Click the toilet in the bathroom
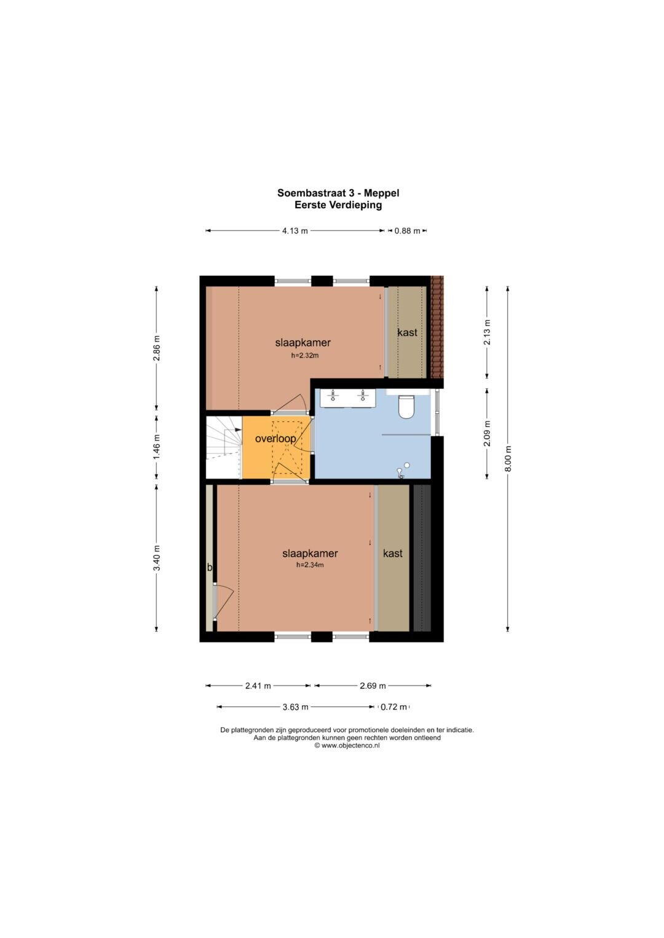pos(406,407)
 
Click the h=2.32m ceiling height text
pos(305,356)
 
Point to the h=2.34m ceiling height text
pos(310,565)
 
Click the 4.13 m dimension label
pos(295,231)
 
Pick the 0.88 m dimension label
pos(407,231)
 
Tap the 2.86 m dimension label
pos(156,348)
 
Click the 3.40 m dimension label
pos(156,557)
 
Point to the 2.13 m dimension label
pos(487,332)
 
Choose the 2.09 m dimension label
pos(487,434)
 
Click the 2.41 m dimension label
pos(258,686)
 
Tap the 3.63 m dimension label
pos(295,707)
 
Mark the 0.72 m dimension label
pos(393,707)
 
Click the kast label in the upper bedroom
pos(408,332)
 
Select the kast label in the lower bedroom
pos(393,553)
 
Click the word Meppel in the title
pos(381,193)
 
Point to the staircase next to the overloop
pos(224,447)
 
